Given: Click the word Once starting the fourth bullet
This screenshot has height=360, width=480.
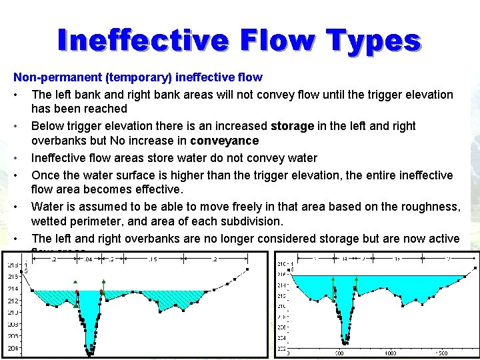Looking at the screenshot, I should [x=46, y=175].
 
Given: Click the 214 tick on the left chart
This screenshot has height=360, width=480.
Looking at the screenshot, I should [x=13, y=289].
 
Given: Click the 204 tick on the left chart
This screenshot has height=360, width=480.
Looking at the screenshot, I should [x=13, y=348].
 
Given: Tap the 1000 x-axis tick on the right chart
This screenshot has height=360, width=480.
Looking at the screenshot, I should [x=391, y=353].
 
